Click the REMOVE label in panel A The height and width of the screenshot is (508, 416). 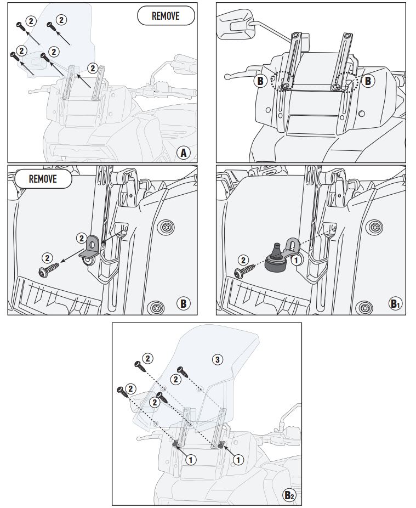pyautogui.click(x=166, y=16)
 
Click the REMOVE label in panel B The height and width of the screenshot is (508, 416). pyautogui.click(x=43, y=179)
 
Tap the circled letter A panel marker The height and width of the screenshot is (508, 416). pyautogui.click(x=185, y=153)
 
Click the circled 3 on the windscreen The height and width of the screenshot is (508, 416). pyautogui.click(x=217, y=359)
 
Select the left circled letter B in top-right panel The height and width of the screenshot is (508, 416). pyautogui.click(x=260, y=82)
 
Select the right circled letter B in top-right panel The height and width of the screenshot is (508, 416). pyautogui.click(x=367, y=81)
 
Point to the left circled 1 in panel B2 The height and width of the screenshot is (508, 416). pyautogui.click(x=191, y=460)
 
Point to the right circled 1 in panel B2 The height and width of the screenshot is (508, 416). pyautogui.click(x=238, y=460)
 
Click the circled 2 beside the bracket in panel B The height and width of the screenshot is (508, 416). pyautogui.click(x=81, y=238)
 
